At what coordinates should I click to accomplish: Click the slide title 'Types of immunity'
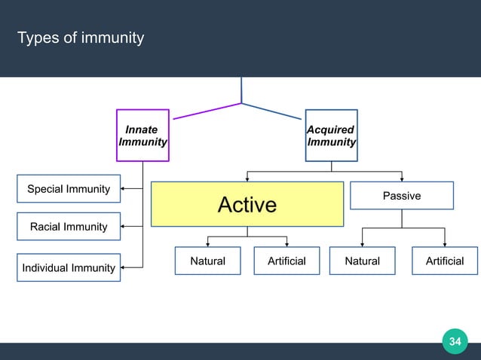tap(81, 38)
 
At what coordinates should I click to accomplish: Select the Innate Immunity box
tap(142, 136)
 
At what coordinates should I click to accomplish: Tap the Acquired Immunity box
tap(331, 136)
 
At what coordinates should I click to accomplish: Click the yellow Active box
tap(247, 204)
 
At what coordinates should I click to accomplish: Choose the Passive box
tap(402, 195)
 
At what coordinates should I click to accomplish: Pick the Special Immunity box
tap(69, 189)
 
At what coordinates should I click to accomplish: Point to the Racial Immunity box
tap(69, 227)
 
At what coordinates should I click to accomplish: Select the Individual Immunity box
tap(69, 267)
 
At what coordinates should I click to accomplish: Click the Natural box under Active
tap(208, 261)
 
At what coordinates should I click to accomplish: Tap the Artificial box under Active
tap(286, 261)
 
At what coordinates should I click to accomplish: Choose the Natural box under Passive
tap(363, 261)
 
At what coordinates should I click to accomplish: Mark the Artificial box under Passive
tap(445, 261)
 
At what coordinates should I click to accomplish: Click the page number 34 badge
tap(455, 342)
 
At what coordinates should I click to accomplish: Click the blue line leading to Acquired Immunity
tap(271, 110)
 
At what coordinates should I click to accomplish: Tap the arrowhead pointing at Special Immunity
tap(124, 188)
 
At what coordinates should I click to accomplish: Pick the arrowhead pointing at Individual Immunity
tap(124, 267)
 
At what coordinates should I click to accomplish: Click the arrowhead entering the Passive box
tap(402, 178)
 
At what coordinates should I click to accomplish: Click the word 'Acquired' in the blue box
tap(331, 130)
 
